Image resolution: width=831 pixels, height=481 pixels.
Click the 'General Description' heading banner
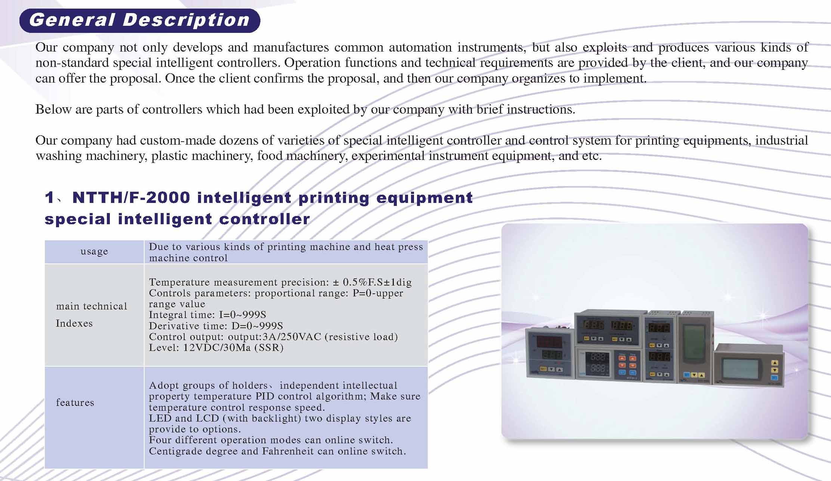[140, 20]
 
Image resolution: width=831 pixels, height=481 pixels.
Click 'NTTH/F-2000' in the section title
[131, 197]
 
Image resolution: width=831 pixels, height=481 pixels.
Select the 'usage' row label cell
[94, 252]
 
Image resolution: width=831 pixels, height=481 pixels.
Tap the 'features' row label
[75, 403]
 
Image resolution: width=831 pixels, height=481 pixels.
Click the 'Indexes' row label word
[74, 323]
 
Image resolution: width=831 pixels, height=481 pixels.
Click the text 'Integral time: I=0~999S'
[207, 315]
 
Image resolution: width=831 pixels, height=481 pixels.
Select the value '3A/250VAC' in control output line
[292, 337]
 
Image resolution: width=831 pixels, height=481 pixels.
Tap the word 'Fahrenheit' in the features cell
[288, 451]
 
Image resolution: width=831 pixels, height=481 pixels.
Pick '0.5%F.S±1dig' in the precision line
[377, 282]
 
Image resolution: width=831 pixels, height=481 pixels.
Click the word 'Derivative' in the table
[175, 326]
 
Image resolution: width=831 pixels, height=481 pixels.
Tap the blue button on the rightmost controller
[775, 377]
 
